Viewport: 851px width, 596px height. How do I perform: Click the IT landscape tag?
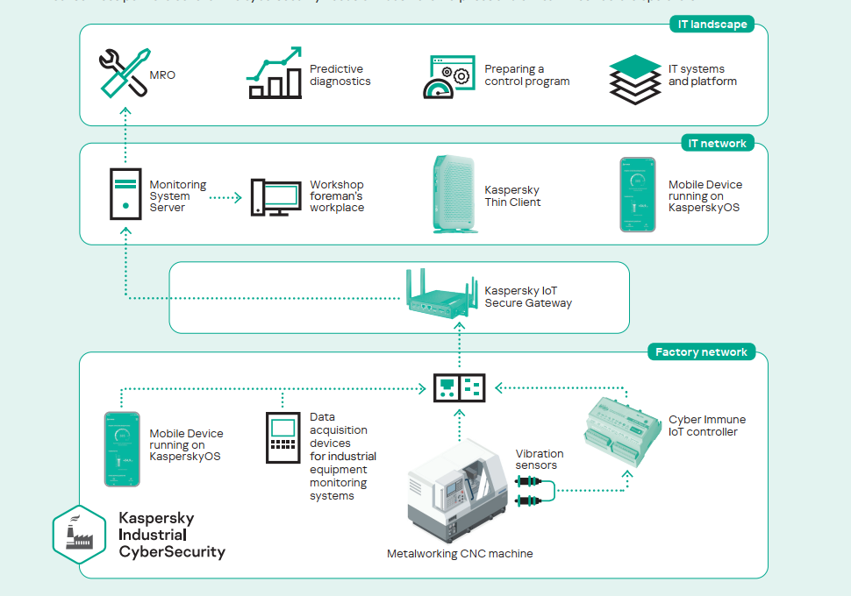(x=712, y=25)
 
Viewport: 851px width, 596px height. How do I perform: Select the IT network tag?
(x=717, y=143)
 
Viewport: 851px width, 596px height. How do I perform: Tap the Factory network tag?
(x=701, y=352)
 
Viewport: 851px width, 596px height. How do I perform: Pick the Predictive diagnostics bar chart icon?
(x=275, y=73)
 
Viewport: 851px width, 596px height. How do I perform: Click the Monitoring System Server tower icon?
(x=125, y=193)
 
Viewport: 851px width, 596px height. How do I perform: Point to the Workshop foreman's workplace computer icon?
(x=275, y=197)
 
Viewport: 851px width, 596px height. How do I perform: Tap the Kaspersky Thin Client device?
(x=455, y=195)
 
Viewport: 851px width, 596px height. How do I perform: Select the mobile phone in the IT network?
(x=638, y=195)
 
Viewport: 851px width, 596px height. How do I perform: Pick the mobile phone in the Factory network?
(x=122, y=449)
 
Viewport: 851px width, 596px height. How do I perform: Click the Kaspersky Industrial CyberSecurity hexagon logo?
(x=79, y=532)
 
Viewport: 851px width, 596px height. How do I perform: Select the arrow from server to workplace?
(x=225, y=197)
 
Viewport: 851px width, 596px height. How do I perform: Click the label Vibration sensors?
(x=540, y=459)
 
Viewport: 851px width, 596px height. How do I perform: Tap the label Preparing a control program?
(x=526, y=75)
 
